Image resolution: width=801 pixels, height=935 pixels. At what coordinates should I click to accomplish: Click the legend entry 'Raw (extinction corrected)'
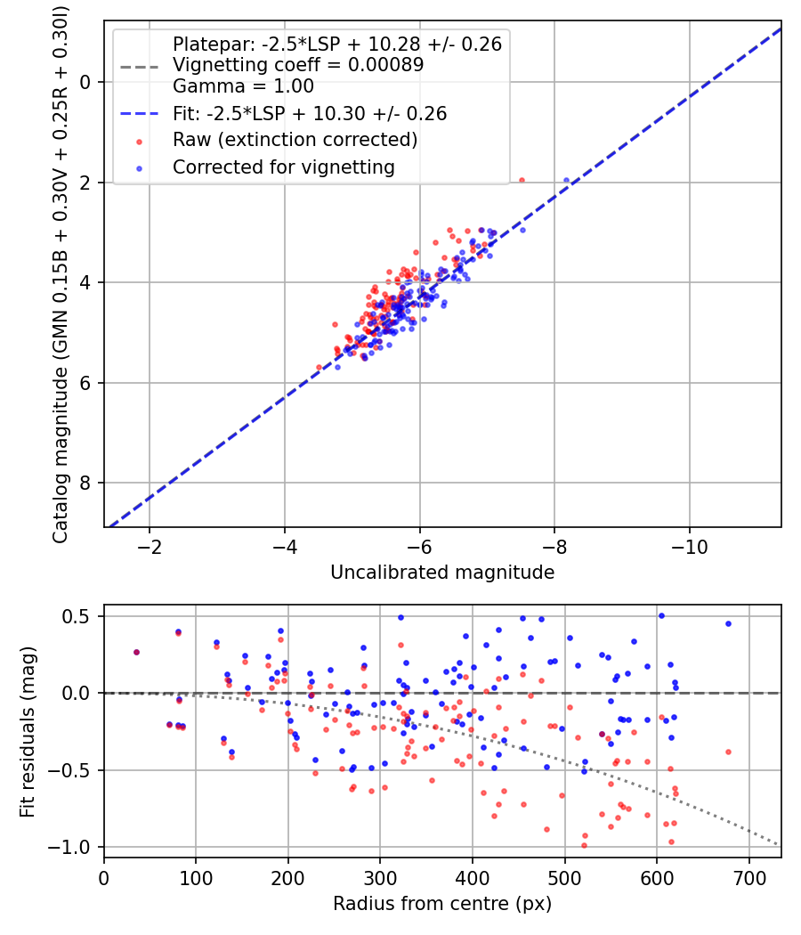[x=295, y=140]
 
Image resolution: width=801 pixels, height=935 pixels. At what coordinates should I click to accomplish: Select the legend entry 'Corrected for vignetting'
[x=284, y=167]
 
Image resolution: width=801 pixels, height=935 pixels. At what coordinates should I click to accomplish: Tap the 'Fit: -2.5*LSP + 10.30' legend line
[x=140, y=113]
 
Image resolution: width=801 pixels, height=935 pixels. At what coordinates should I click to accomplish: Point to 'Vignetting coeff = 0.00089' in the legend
[x=298, y=65]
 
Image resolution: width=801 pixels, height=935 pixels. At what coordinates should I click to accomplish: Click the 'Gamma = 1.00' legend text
[x=243, y=86]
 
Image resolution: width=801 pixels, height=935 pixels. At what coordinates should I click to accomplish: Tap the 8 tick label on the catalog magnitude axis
[x=85, y=483]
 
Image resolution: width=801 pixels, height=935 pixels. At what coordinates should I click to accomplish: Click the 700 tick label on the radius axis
[x=748, y=878]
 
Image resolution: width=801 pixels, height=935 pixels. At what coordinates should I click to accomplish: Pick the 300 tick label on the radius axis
[x=380, y=878]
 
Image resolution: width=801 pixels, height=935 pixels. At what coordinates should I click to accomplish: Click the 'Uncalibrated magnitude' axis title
[x=442, y=573]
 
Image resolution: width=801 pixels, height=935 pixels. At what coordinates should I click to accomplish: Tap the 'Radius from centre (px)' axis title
[x=442, y=904]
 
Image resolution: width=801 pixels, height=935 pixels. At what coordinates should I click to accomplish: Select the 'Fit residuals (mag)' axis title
[x=27, y=731]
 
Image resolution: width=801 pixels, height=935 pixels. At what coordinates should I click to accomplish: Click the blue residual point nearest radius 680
[x=728, y=623]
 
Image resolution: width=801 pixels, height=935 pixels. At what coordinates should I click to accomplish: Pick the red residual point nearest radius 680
[x=728, y=752]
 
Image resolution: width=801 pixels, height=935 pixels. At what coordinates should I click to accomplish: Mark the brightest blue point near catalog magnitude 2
[x=566, y=180]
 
